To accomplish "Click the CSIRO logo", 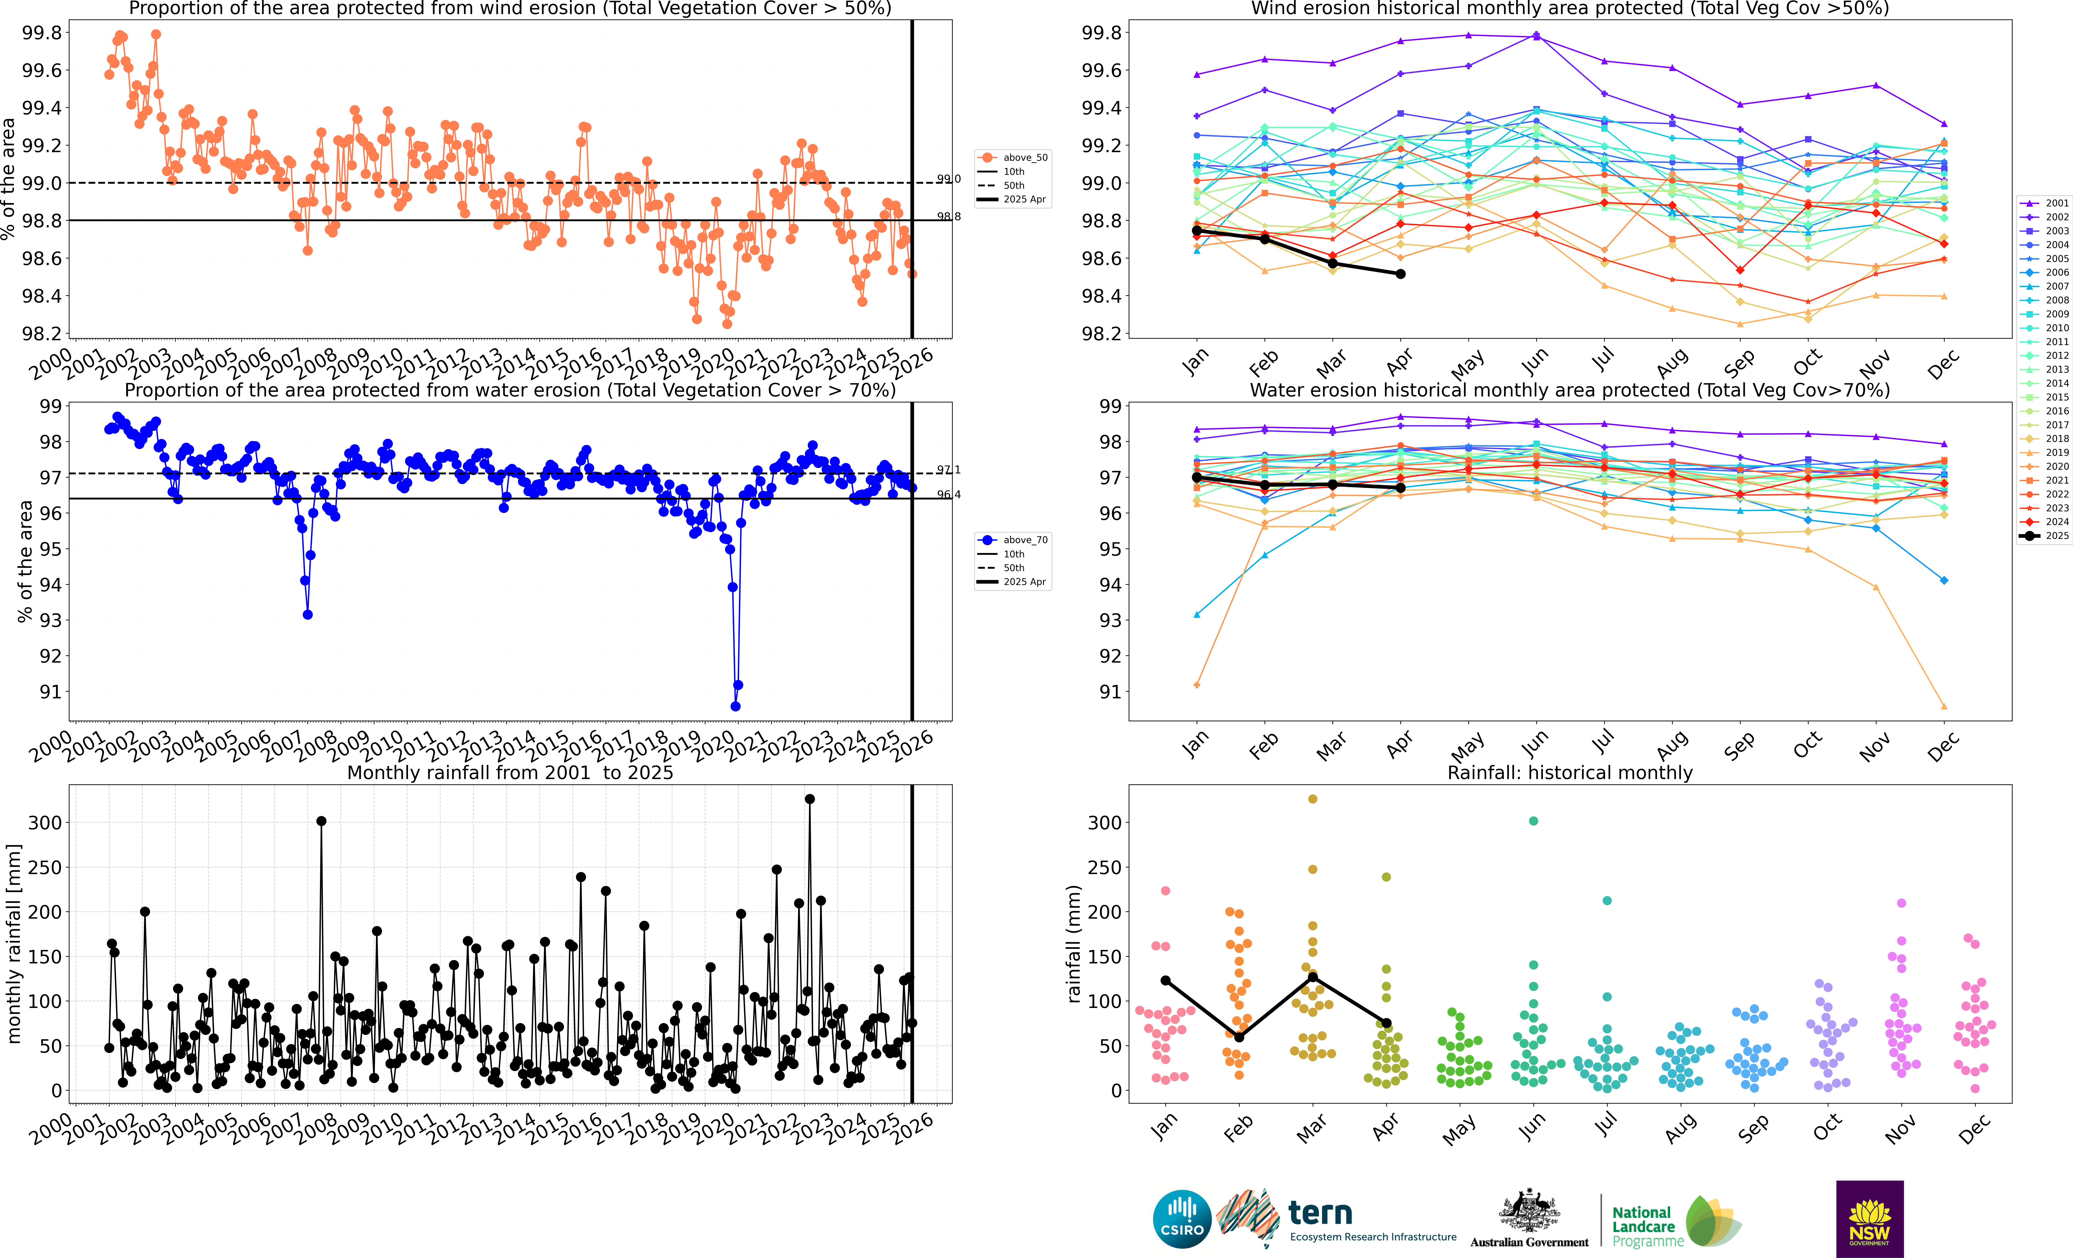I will click(1182, 1219).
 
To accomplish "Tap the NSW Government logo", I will click(1869, 1219).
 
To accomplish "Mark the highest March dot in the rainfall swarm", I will click(1312, 798).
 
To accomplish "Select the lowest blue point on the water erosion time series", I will click(735, 706).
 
